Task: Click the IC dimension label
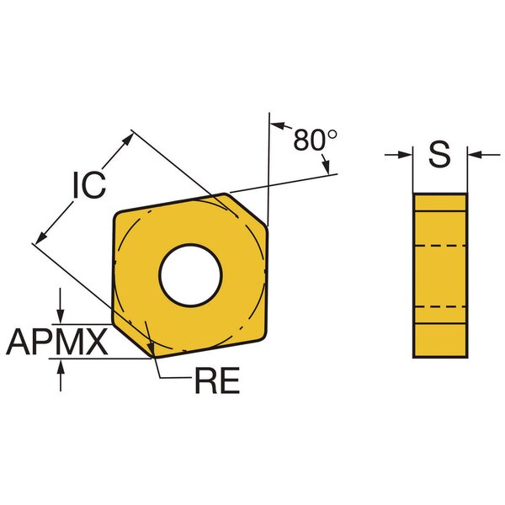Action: tap(89, 185)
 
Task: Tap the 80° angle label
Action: tap(315, 140)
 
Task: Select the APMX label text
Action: tap(56, 342)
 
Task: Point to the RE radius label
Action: tap(217, 380)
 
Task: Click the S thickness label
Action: tap(439, 154)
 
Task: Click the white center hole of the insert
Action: tap(190, 275)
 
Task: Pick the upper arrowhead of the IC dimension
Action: tap(128, 139)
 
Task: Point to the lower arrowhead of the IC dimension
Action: tap(41, 237)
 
